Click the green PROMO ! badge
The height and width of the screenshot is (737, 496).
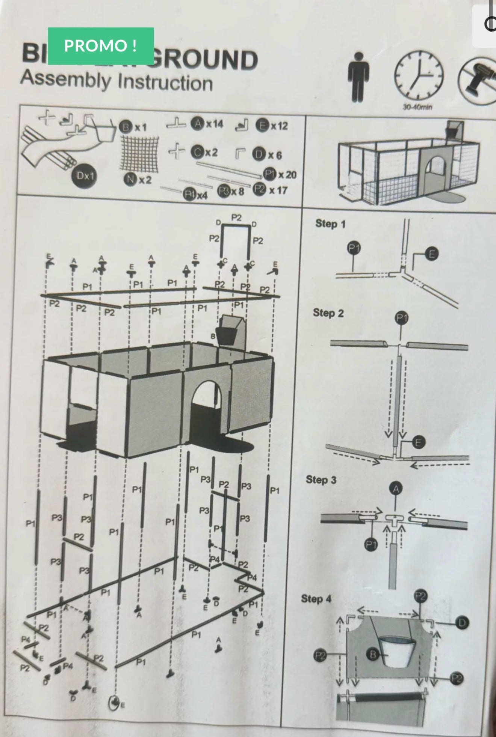point(101,46)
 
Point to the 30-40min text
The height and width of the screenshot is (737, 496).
point(417,107)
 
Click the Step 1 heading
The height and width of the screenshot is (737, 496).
point(330,224)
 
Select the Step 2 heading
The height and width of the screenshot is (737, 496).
point(328,313)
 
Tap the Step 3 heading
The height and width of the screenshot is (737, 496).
point(321,480)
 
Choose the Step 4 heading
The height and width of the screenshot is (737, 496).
point(316,599)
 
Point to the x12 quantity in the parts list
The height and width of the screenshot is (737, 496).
point(279,126)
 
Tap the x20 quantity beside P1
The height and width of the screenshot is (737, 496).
point(287,175)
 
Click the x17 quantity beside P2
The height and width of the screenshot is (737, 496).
point(278,190)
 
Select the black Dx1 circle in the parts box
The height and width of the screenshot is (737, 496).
point(85,175)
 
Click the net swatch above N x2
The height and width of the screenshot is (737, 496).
point(139,153)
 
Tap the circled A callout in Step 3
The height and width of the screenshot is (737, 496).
point(396,489)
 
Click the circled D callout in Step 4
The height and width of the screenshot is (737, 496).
point(462,623)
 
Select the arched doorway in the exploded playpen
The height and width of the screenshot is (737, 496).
point(208,408)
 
